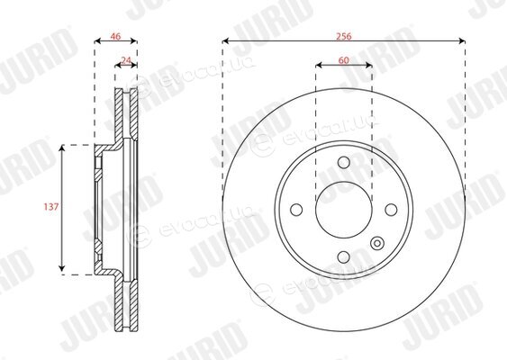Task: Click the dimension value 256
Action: pyautogui.click(x=344, y=36)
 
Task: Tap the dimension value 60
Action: pyautogui.click(x=344, y=60)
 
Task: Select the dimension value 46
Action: pyautogui.click(x=115, y=36)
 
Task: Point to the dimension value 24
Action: pyautogui.click(x=126, y=60)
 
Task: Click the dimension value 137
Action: pyautogui.click(x=51, y=206)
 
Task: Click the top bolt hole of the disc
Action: pyautogui.click(x=344, y=162)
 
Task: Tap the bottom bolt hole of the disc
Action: pyautogui.click(x=344, y=257)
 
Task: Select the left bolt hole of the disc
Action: pyautogui.click(x=296, y=210)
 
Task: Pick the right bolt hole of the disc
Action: pyautogui.click(x=391, y=210)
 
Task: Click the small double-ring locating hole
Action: pyautogui.click(x=376, y=243)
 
